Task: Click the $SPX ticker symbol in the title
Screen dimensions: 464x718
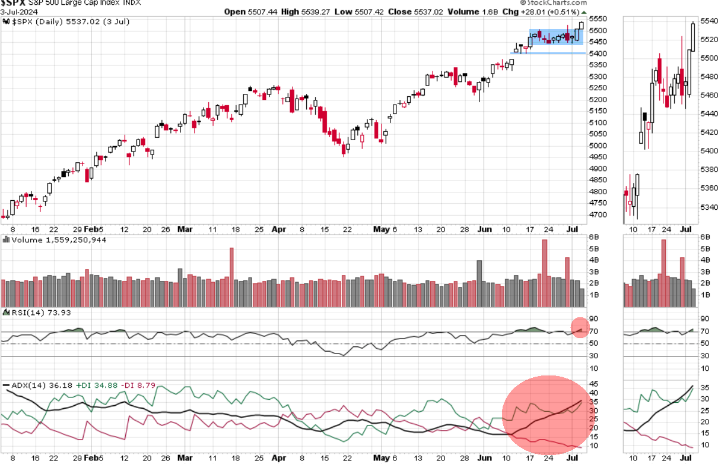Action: coord(14,4)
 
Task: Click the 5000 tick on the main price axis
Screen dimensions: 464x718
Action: coord(599,146)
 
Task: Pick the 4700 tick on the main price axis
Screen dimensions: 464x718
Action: coord(599,214)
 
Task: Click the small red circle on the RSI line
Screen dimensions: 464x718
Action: coord(580,328)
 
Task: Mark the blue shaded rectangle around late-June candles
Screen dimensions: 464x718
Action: coord(556,37)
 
